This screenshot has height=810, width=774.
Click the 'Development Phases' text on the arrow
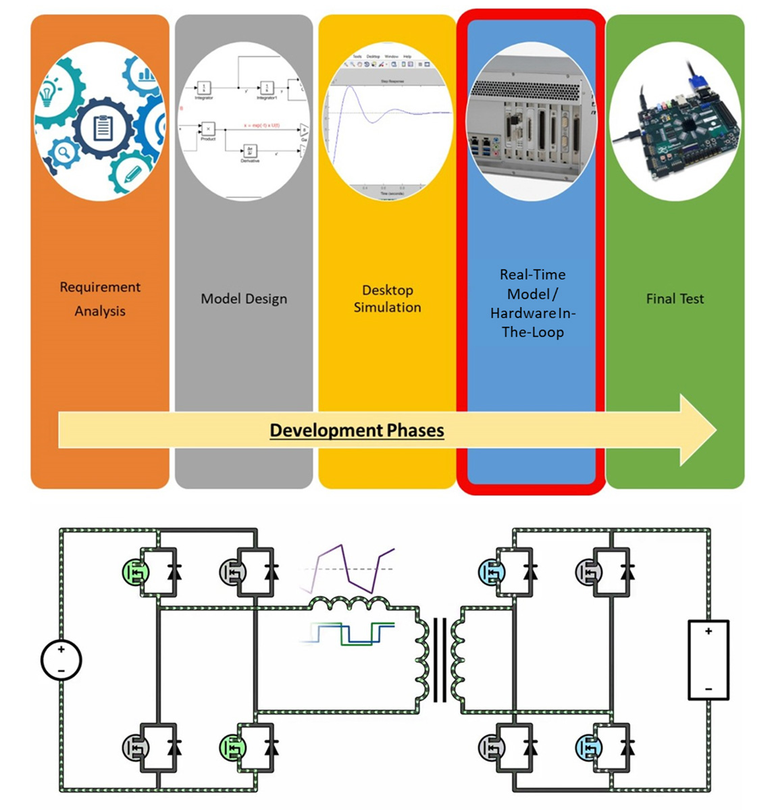pos(357,431)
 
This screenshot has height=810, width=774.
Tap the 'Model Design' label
pos(244,299)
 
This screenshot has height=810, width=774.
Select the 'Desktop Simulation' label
pos(387,298)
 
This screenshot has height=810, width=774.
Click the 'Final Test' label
pos(675,299)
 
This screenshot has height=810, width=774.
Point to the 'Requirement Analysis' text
pos(100,298)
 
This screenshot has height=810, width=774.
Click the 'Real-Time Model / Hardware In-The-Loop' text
pos(532,303)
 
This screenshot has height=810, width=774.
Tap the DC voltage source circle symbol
pos(61,659)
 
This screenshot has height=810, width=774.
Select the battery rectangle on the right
pos(708,659)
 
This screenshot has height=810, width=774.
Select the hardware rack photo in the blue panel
pos(532,122)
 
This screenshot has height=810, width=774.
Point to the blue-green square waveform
pos(348,634)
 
